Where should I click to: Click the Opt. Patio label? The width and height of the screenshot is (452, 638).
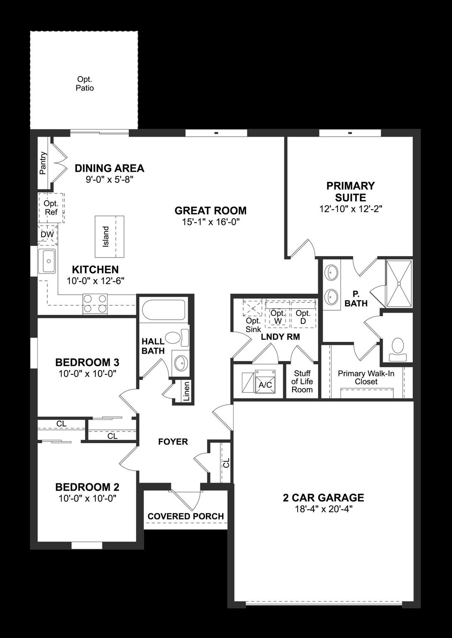(x=84, y=83)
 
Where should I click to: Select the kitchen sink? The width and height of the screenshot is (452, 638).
(x=47, y=261)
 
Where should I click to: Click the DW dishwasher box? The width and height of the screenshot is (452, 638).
(x=47, y=235)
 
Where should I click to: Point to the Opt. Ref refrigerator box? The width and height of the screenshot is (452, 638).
(x=51, y=208)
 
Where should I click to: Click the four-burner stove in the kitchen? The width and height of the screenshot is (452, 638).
(x=95, y=304)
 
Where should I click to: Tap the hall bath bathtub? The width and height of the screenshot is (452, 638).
(x=163, y=310)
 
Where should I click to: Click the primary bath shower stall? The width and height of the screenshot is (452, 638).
(x=399, y=284)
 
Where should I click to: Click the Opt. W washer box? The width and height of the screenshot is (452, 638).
(x=278, y=317)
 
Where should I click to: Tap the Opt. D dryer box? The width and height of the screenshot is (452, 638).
(x=303, y=317)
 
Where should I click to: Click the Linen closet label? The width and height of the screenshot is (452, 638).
(x=186, y=391)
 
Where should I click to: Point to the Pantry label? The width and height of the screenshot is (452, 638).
(x=43, y=163)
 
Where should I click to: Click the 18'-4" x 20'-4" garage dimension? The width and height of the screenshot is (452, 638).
(x=323, y=509)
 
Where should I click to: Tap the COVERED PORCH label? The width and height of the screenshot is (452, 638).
(x=186, y=516)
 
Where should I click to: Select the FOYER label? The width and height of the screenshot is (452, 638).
(x=173, y=442)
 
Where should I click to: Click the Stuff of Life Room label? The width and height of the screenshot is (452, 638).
(x=302, y=381)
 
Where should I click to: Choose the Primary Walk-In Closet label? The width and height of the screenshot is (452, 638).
(x=366, y=377)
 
